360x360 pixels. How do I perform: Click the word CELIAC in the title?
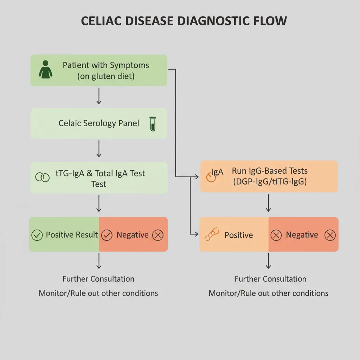coord(102,21)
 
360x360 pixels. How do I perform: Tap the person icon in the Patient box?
coord(45,69)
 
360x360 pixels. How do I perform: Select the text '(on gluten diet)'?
coord(106,76)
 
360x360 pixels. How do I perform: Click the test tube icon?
coord(153,124)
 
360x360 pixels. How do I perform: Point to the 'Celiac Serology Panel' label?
coord(99,123)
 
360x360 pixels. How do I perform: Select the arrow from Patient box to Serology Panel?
coord(99,96)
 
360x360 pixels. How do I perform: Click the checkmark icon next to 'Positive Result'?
coord(37,235)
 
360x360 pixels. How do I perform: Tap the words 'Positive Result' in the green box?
coord(72,235)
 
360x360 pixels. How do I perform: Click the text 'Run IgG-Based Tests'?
coord(270,171)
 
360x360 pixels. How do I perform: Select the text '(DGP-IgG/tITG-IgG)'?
coord(270,182)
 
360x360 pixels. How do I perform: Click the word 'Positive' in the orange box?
coord(239,235)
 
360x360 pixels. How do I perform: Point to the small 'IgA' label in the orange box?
coord(217,172)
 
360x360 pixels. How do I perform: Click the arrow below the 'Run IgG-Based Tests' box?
coord(269,203)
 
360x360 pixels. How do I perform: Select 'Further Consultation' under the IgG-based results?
coord(270,279)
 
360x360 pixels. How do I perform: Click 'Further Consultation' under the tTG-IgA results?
coord(98,279)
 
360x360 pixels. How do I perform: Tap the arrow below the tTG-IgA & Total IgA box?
coord(99,204)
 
